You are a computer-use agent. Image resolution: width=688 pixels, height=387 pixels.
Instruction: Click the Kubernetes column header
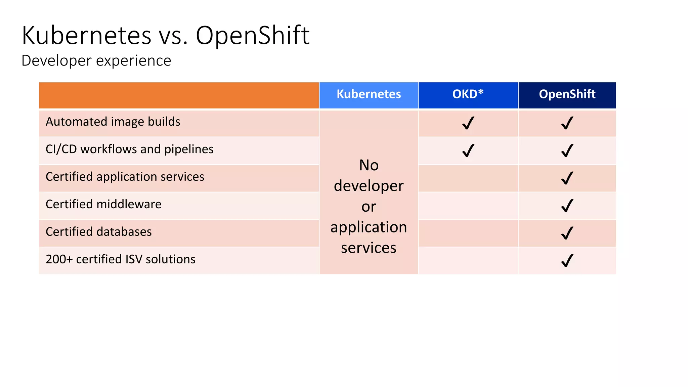pos(369,94)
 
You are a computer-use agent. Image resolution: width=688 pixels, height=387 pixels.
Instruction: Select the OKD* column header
pos(468,94)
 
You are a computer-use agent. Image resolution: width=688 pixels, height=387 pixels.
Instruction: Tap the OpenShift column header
pos(567,94)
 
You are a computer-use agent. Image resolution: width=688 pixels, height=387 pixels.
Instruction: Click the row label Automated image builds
pos(113,122)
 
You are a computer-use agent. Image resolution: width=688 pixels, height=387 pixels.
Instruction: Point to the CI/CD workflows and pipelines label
pos(129,149)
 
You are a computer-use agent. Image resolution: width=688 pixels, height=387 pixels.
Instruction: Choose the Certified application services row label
pos(125,177)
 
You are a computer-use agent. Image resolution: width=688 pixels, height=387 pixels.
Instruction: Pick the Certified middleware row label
pos(103,205)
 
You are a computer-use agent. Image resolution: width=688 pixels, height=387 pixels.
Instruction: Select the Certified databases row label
pos(98,232)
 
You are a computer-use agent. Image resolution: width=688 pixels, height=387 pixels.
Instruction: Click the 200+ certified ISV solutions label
pos(120,260)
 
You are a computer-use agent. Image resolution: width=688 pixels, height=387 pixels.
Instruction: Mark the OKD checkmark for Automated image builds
pos(468,123)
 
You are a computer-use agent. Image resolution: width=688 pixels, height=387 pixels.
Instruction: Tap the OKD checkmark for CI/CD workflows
pos(468,151)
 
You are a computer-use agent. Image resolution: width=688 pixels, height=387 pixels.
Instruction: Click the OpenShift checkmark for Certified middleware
pos(567,206)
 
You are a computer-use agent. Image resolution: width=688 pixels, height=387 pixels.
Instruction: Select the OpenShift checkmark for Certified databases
pos(567,233)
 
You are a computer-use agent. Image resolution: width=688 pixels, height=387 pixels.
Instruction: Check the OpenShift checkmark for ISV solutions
pos(567,261)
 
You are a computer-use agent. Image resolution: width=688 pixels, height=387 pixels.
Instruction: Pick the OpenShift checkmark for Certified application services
pos(567,178)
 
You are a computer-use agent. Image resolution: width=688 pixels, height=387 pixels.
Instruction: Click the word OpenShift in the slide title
pos(252,36)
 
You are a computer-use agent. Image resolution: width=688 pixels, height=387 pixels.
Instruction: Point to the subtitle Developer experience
pos(96,61)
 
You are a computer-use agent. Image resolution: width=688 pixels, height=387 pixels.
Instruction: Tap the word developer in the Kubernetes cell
pos(369,186)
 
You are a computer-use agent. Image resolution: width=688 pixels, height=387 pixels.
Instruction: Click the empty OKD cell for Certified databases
pos(468,233)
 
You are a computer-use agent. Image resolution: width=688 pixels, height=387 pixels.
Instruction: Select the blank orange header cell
pos(179,95)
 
